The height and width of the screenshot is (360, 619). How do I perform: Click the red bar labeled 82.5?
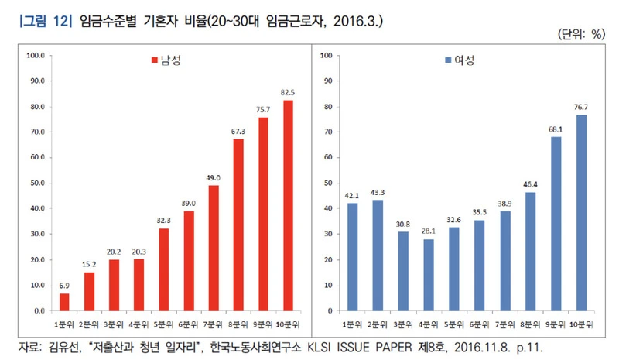click(x=288, y=205)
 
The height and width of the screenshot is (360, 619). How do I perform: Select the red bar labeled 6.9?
click(x=65, y=302)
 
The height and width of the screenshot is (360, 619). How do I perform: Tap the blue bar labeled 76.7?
click(x=580, y=213)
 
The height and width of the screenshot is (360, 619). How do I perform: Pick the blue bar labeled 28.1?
click(x=428, y=275)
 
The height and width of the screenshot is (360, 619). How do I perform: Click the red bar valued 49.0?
click(x=214, y=248)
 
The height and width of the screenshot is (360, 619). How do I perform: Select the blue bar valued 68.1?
click(x=555, y=224)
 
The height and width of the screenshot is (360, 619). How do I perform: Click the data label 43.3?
click(x=378, y=192)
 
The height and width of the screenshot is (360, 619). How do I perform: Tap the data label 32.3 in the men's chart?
click(x=164, y=221)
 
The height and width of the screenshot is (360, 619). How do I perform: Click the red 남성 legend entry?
click(x=165, y=60)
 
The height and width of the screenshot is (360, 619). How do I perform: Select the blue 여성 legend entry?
click(x=460, y=60)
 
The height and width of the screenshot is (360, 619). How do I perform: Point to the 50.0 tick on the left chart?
click(x=36, y=183)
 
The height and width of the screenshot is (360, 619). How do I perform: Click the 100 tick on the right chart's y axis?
click(x=326, y=56)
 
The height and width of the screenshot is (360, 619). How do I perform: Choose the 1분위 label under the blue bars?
click(x=352, y=322)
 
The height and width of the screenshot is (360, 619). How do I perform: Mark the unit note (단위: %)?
click(x=579, y=35)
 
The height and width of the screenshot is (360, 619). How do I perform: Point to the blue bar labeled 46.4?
click(x=530, y=252)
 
